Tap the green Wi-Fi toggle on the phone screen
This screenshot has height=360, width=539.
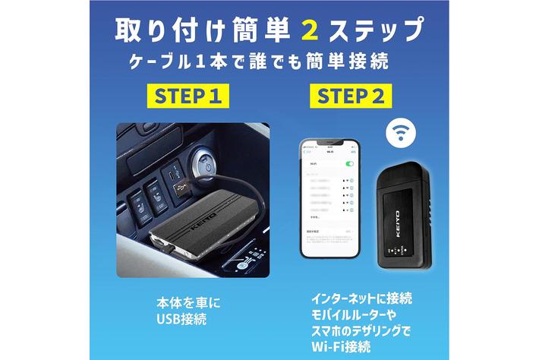coord(349,164)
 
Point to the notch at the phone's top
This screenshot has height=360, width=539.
coord(327,144)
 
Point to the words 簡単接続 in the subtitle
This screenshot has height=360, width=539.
coord(350,62)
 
